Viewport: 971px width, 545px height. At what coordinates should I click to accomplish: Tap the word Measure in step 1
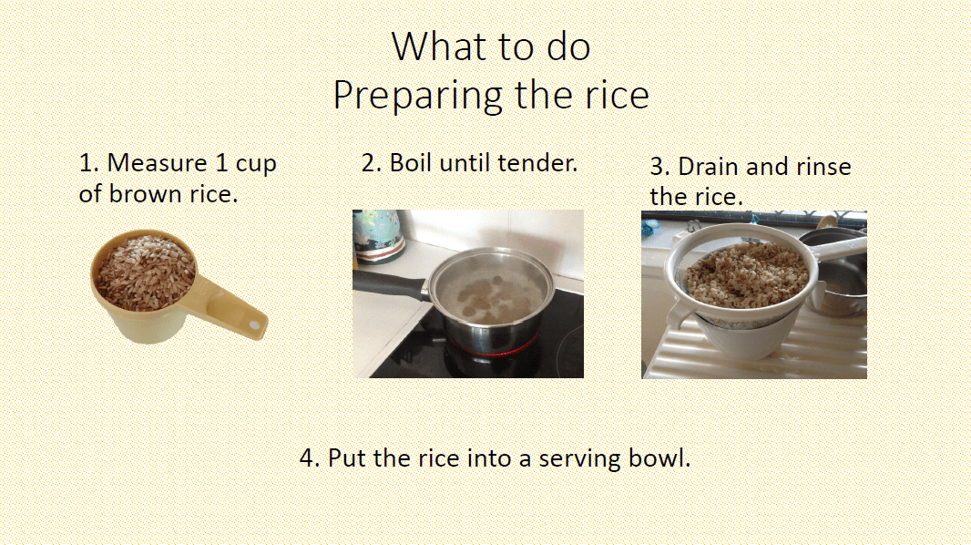156,164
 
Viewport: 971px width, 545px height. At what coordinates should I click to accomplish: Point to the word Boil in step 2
411,163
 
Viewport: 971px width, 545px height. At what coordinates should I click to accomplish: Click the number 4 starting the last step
307,458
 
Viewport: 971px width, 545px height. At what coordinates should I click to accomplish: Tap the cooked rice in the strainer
746,274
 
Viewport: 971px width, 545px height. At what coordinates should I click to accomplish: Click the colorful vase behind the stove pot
377,235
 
